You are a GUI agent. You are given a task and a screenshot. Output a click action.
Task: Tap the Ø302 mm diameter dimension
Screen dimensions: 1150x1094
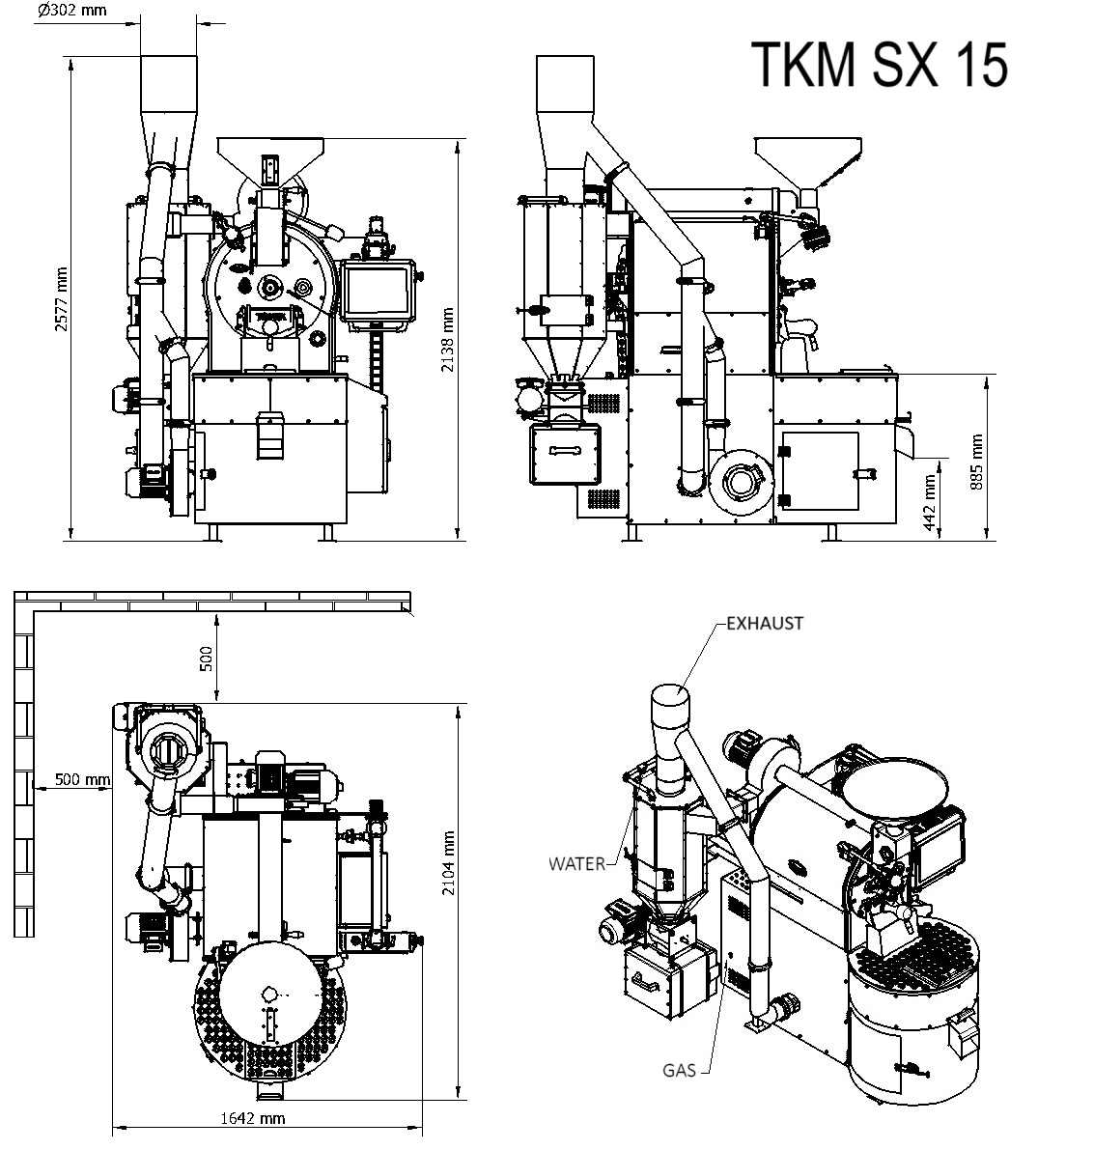(x=72, y=12)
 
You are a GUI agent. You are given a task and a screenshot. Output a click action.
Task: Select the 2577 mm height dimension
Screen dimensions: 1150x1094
(x=61, y=299)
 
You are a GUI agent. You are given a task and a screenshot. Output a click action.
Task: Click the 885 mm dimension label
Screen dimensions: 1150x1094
(x=976, y=459)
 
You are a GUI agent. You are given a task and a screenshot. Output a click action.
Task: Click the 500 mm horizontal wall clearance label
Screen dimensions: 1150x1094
(x=82, y=779)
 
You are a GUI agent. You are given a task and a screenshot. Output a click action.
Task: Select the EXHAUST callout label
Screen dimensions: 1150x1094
(x=764, y=624)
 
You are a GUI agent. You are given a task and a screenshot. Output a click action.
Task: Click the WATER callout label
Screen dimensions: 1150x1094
(x=576, y=863)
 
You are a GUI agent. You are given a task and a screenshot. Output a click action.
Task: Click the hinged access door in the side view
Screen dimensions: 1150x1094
(x=820, y=471)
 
